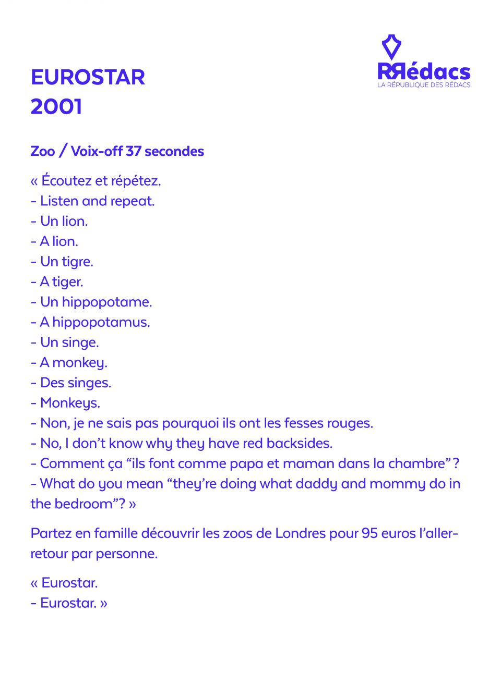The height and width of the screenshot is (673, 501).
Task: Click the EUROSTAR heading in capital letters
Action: pyautogui.click(x=88, y=78)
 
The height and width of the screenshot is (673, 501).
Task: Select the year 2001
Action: pyautogui.click(x=56, y=107)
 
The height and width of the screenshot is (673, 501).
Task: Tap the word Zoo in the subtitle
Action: pyautogui.click(x=42, y=151)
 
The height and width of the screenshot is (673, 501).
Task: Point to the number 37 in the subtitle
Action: pyautogui.click(x=133, y=151)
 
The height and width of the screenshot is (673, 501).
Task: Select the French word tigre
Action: pyautogui.click(x=77, y=262)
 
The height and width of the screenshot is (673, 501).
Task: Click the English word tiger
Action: pyautogui.click(x=67, y=282)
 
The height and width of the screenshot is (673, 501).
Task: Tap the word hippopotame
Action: pyautogui.click(x=106, y=302)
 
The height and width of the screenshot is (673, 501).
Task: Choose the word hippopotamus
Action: pyautogui.click(x=101, y=323)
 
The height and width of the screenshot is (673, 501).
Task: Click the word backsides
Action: pyautogui.click(x=299, y=444)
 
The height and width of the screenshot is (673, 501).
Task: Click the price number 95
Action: pyautogui.click(x=369, y=534)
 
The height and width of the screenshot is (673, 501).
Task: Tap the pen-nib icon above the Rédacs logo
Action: pyautogui.click(x=391, y=47)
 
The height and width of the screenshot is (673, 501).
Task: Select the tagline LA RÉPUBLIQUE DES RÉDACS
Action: pyautogui.click(x=424, y=85)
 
